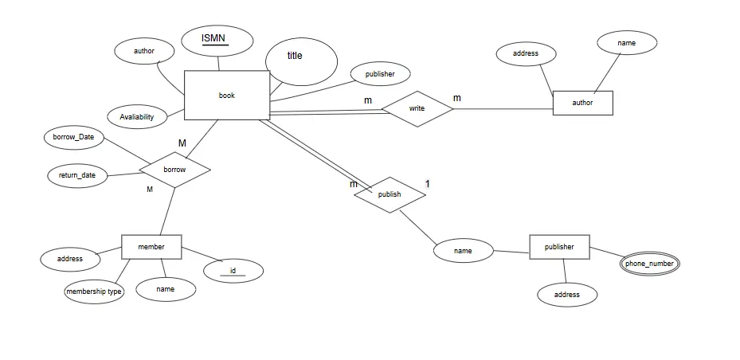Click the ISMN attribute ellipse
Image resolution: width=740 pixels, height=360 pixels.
click(x=217, y=40)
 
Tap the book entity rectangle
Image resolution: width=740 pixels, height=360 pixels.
click(x=227, y=96)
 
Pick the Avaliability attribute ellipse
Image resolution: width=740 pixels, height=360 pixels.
click(x=137, y=117)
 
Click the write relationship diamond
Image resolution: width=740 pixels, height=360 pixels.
click(x=417, y=108)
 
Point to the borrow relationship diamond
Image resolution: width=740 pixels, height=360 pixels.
click(x=174, y=170)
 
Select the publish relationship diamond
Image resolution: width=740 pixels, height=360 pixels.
click(x=390, y=194)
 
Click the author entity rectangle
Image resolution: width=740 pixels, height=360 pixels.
click(x=582, y=103)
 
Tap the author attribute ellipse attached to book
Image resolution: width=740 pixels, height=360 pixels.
click(x=144, y=52)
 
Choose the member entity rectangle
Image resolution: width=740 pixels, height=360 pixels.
click(x=151, y=247)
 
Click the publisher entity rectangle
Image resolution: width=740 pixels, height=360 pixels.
click(x=559, y=247)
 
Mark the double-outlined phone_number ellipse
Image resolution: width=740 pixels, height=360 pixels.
click(x=651, y=264)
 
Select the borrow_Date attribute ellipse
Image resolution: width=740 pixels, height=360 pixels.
click(x=74, y=137)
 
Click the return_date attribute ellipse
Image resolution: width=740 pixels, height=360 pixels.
click(x=77, y=175)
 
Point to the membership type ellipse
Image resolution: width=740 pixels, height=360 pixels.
click(x=94, y=292)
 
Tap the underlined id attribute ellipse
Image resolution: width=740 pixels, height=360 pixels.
click(x=233, y=271)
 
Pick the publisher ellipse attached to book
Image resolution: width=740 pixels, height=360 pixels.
click(x=380, y=74)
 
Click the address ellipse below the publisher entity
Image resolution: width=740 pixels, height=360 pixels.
click(x=566, y=295)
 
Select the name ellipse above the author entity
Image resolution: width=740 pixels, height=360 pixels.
click(x=626, y=42)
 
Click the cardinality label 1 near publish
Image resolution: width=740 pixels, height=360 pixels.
click(x=427, y=184)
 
